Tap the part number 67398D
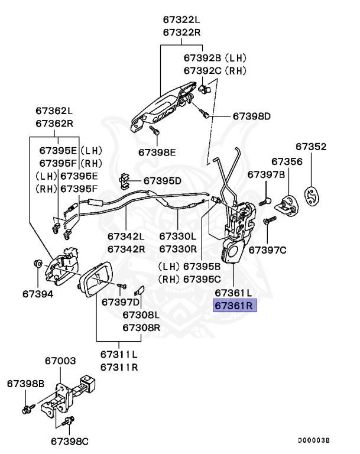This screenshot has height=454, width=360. point(251,116)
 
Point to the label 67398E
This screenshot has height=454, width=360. point(157,152)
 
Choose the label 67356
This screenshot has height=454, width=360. point(287,161)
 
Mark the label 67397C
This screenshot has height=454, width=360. point(267,250)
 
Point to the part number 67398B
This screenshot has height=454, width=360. point(25,384)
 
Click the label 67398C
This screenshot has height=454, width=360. point(69,440)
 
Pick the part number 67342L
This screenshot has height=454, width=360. point(126,236)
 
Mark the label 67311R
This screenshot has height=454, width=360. point(119,367)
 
